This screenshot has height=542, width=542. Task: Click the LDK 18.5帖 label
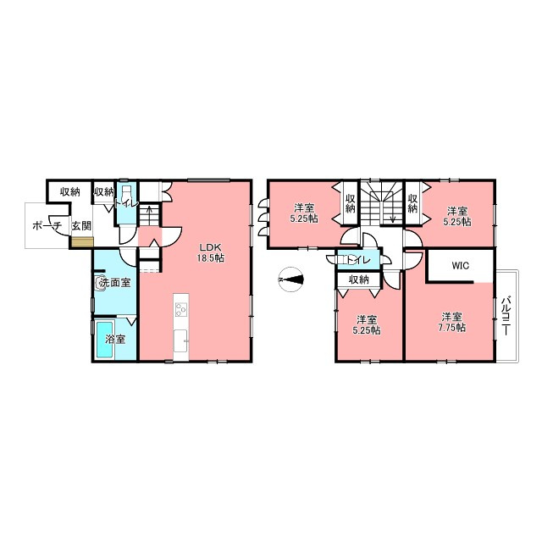coord(210,252)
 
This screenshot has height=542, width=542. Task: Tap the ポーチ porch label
coord(47,226)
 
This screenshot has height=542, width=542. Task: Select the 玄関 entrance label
coord(81,226)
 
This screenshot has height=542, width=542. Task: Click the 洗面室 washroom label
coord(115,283)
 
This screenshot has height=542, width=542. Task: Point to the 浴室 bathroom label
coord(115,339)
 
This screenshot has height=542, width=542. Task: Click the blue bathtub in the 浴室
coord(105,340)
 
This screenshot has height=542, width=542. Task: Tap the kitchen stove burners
coord(180,309)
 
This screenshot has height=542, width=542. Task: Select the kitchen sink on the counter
coord(180,340)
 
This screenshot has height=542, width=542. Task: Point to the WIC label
coord(461,265)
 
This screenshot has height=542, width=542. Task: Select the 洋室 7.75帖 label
coord(451,322)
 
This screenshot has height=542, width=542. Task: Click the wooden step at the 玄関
coord(83,242)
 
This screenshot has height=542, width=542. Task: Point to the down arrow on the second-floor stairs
coord(393,213)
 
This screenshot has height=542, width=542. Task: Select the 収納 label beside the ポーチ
coord(70,192)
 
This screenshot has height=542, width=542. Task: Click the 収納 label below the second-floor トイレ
coord(359,279)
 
